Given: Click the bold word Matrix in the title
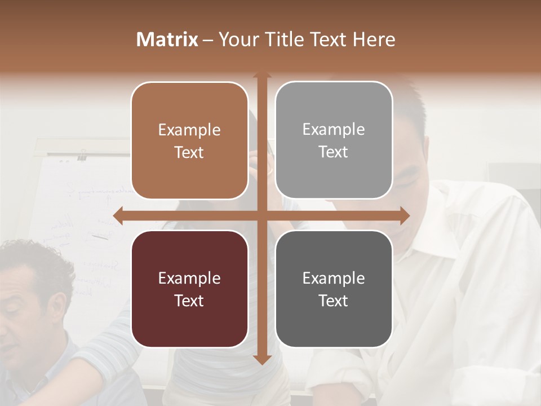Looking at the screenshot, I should pos(167,39).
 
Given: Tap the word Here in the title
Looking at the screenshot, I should pos(374,39).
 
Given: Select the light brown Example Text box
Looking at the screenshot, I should pos(189,141).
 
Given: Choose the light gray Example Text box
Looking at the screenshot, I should pos(334,140).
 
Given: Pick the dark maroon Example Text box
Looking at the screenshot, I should pos(189,289).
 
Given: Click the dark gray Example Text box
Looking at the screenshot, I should pos(334,289).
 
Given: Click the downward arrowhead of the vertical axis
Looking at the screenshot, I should pos(261,359).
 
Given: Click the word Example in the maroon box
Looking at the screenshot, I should pos(189,278).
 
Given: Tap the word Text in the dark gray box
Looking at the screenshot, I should pos(334,301).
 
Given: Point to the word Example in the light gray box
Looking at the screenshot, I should pos(334,130).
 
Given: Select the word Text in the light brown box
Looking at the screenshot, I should pos(189,153).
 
